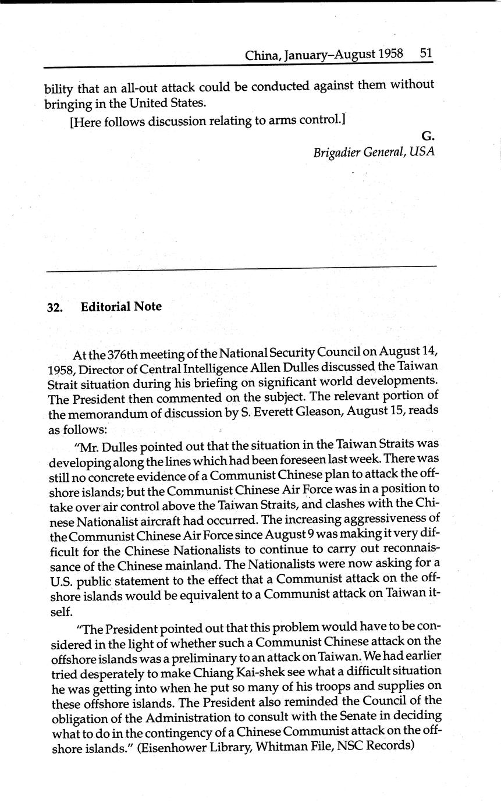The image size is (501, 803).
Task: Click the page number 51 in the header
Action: point(426,54)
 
